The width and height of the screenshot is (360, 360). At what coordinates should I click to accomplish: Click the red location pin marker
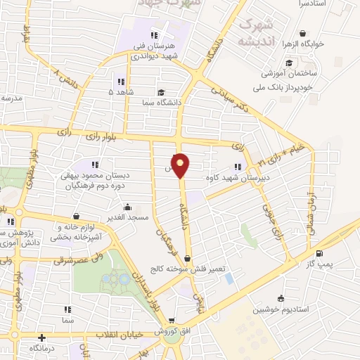(x=181, y=165)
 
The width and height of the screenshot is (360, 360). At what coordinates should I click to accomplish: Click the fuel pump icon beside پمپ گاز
(x=320, y=253)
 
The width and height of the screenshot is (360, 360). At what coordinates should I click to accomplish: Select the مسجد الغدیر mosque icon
(x=127, y=207)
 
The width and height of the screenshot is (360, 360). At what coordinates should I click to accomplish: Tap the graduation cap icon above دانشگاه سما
(x=160, y=92)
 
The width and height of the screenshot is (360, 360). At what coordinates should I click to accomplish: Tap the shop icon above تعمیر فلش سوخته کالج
(x=186, y=259)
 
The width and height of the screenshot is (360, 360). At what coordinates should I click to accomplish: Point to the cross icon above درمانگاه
(x=42, y=338)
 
